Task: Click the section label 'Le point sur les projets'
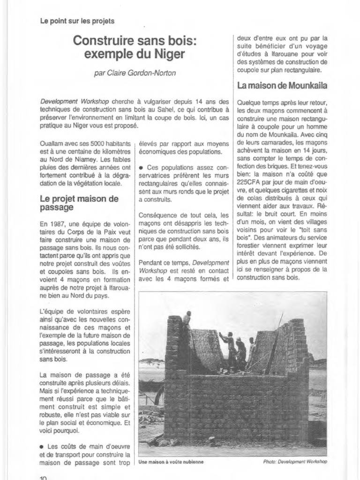click(77, 21)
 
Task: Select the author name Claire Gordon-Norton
click(135, 74)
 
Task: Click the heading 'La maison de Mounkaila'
click(282, 86)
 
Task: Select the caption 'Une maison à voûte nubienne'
click(171, 462)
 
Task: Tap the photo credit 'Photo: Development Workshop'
click(295, 462)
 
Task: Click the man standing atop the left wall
click(187, 318)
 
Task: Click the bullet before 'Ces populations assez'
click(142, 167)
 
